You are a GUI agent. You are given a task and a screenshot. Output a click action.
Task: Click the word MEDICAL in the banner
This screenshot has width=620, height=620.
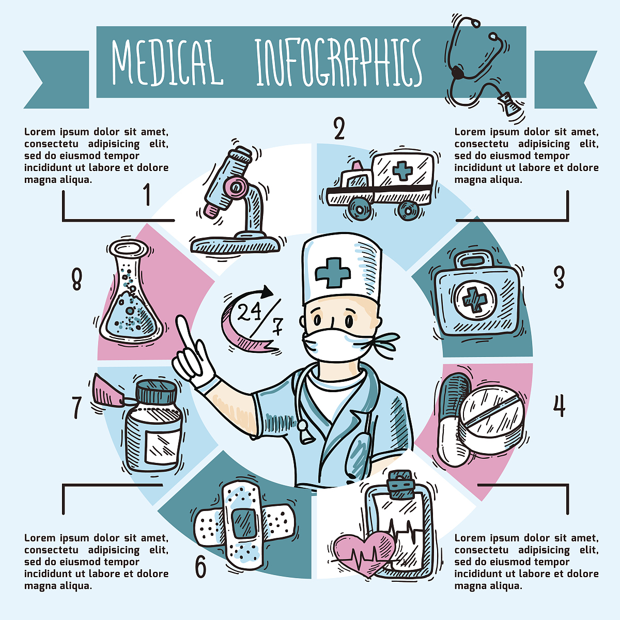pyautogui.click(x=167, y=62)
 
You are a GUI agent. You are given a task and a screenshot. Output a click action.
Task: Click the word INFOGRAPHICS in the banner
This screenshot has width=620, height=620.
pyautogui.click(x=339, y=63)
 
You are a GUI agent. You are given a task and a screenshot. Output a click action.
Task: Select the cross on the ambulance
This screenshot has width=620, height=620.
pyautogui.click(x=402, y=171)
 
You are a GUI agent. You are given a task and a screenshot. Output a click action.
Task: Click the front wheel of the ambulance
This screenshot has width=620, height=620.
pyautogui.click(x=360, y=209)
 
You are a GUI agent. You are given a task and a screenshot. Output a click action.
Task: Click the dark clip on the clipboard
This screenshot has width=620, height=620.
pyautogui.click(x=400, y=485)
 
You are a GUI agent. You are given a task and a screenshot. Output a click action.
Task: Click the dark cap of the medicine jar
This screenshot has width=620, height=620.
pyautogui.click(x=157, y=393)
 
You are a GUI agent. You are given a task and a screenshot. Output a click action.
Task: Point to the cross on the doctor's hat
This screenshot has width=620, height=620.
pyautogui.click(x=333, y=273)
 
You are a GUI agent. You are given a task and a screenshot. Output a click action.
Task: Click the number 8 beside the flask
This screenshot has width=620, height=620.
pyautogui.click(x=76, y=280)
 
